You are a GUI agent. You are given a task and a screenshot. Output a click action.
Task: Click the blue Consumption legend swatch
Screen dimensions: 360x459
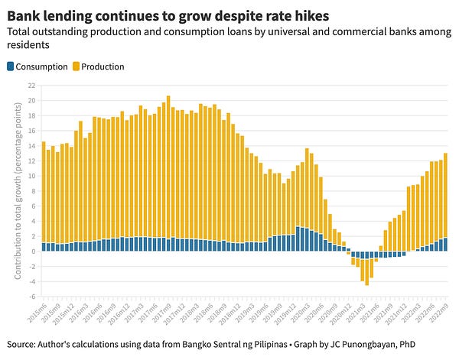(11, 66)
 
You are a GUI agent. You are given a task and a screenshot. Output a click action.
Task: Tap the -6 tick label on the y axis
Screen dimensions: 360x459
(31, 296)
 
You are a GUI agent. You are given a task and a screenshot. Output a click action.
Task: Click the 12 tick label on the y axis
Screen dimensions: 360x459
(31, 161)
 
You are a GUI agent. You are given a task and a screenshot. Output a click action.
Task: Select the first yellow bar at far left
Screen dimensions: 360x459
(44, 192)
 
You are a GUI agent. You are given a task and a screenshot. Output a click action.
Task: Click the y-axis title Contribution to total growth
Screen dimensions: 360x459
(18, 196)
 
